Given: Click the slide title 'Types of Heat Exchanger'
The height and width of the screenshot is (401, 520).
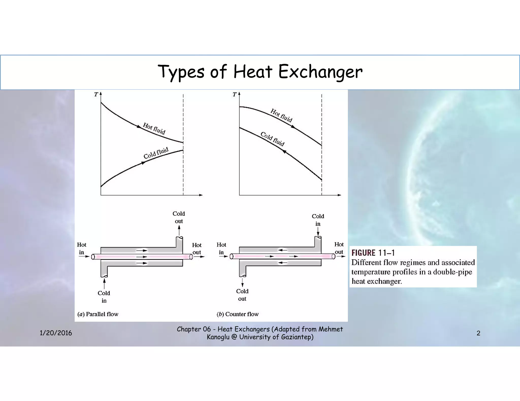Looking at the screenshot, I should [260, 72].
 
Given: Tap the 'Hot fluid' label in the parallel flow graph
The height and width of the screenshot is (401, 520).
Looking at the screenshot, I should [154, 129].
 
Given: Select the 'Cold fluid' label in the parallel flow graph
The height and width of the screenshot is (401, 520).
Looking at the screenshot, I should [156, 153].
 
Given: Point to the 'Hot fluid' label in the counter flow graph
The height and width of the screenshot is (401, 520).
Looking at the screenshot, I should [281, 115].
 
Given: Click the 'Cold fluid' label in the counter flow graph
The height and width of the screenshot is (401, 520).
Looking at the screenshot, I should [272, 139].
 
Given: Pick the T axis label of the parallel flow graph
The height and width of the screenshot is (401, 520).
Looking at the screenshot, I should [96, 95].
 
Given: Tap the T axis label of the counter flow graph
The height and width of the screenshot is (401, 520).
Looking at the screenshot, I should [234, 95].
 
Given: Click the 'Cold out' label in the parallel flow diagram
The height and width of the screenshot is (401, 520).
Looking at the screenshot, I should [179, 217].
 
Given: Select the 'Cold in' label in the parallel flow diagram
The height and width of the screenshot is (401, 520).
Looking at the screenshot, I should [104, 297].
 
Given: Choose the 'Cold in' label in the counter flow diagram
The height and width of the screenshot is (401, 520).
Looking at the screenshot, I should [318, 220].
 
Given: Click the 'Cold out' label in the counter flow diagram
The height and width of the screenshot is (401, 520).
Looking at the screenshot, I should [242, 295].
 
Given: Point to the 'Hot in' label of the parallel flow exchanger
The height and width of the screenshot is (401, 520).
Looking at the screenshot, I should [82, 248].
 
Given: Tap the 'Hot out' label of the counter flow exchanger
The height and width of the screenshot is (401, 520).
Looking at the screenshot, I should [339, 248].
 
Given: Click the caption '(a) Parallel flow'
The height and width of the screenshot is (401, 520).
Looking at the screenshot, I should [98, 314].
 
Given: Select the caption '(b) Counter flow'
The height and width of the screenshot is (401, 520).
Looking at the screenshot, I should [238, 314].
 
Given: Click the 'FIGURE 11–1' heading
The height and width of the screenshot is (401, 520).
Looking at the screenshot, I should [373, 253].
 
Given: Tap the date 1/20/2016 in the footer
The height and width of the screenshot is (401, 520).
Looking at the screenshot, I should [56, 333].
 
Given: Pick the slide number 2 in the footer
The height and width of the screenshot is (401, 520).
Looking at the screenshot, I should [478, 333].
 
